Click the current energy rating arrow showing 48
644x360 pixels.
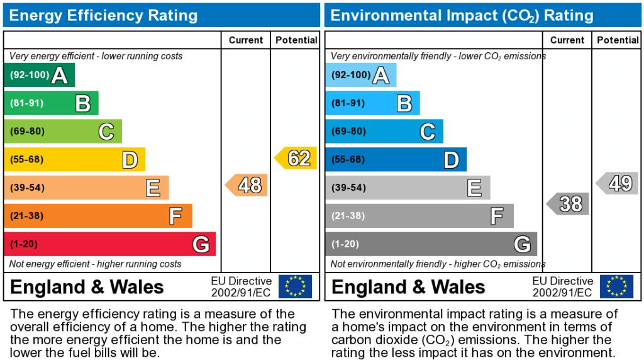pos(247,185)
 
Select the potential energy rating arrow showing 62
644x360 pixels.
pos(296,158)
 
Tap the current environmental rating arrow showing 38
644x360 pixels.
pos(568,204)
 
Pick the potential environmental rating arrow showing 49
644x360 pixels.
pos(618,183)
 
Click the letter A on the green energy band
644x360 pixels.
pos(60,76)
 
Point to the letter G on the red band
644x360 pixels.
pos(201,244)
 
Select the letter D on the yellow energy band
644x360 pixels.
pos(130,160)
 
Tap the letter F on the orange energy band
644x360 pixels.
pos(176,216)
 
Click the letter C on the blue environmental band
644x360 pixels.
pos(428,132)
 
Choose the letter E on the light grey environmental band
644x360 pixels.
pos(474,188)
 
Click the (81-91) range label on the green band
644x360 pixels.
pos(26,103)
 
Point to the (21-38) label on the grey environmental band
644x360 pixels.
pos(348,216)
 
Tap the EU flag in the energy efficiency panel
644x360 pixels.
pos(295,286)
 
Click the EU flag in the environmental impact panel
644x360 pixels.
pos(616,286)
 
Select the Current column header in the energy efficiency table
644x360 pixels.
pos(246,40)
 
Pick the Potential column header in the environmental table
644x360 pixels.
pos(618,40)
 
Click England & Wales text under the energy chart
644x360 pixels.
pos(87,288)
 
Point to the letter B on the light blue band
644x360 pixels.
pos(404,103)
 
